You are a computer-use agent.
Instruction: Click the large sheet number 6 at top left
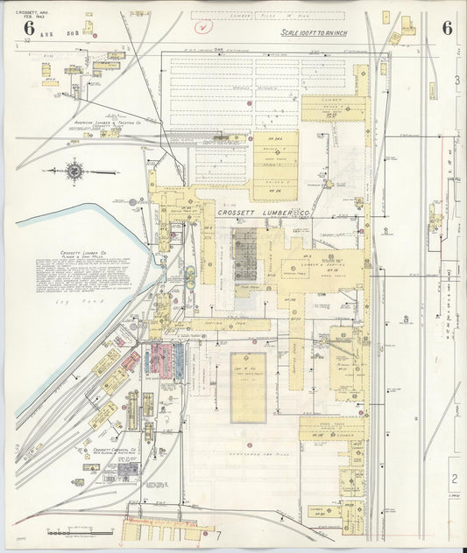(x=18, y=28)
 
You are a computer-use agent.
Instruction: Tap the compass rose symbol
(x=74, y=171)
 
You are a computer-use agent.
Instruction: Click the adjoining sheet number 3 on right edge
(x=456, y=80)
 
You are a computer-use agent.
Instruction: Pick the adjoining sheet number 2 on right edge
(x=454, y=478)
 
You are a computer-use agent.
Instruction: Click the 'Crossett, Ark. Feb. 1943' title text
(x=30, y=13)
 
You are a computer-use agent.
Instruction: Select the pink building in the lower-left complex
(x=160, y=357)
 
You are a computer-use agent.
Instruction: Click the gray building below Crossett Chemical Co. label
(x=128, y=471)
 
